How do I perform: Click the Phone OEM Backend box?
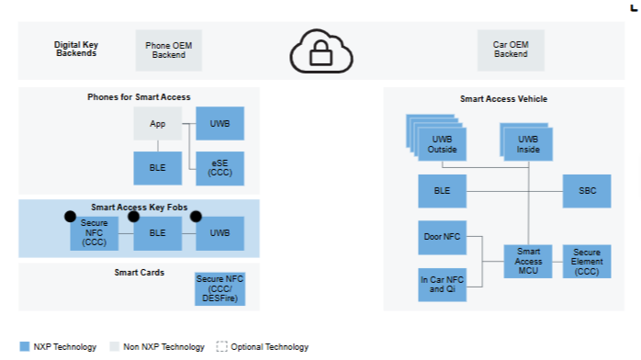168,51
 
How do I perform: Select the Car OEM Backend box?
511,50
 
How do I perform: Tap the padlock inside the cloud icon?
320,53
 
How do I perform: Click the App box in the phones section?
157,123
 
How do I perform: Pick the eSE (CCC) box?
219,168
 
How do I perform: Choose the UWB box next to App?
219,123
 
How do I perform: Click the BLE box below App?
157,168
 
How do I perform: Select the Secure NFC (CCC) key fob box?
94,233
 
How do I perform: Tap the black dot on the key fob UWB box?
196,216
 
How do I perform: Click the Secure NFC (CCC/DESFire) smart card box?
219,289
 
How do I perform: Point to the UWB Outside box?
442,144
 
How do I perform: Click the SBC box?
587,191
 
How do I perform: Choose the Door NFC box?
442,238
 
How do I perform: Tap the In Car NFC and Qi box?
442,285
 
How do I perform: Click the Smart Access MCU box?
528,262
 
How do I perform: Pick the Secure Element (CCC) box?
587,262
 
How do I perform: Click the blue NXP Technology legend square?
25,346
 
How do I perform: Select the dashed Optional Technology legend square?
221,346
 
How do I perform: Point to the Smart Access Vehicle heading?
503,99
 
